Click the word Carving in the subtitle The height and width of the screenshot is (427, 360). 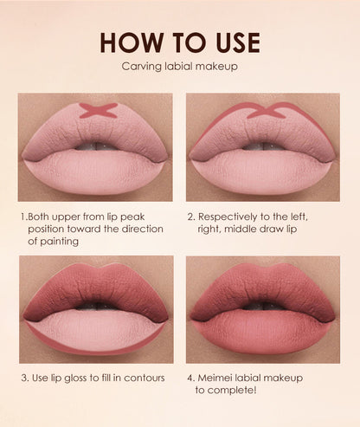pos(145,67)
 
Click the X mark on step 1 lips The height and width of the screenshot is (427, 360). pos(98,111)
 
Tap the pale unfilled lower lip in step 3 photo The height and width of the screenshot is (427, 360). pos(95,332)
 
